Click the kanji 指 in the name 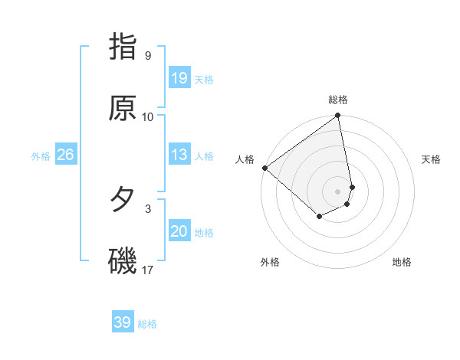coord(123,47)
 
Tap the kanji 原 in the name coord(123,108)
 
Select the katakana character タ coord(123,200)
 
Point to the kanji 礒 coord(123,261)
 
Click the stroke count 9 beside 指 coord(147,56)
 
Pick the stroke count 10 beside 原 coord(148,117)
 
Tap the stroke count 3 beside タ coord(147,208)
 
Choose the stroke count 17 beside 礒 coord(148,270)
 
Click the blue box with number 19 coord(179,78)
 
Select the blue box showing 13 coord(179,155)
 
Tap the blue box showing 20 coord(179,231)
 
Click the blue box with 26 coord(65,155)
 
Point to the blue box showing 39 coord(123,322)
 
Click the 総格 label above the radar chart coord(338,100)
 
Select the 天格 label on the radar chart coord(431,159)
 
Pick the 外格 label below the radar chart coord(270,262)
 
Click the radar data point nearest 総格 coord(338,116)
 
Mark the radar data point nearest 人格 coord(264,168)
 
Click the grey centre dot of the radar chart coord(338,191)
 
